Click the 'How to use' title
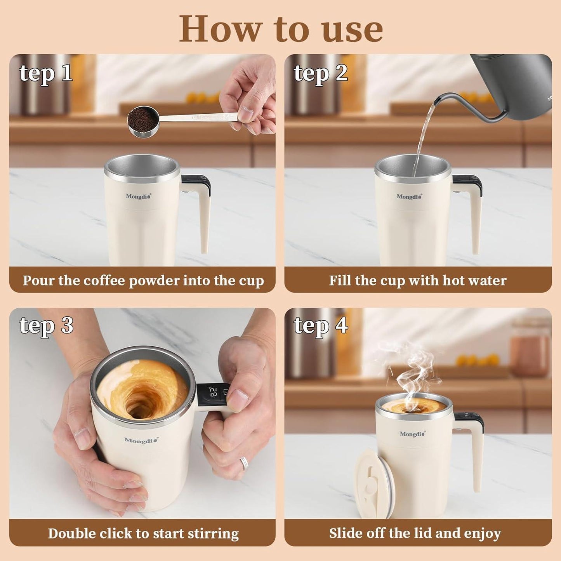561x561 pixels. tap(281, 29)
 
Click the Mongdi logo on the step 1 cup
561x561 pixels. tap(138, 196)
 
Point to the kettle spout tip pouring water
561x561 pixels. tap(437, 102)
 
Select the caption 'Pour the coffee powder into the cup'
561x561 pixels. tap(143, 280)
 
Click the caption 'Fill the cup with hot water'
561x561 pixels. tap(418, 280)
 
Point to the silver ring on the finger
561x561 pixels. tap(244, 462)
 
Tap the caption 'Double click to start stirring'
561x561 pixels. tap(143, 533)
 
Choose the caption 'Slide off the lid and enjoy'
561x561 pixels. tap(415, 533)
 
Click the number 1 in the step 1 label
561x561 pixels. tap(67, 73)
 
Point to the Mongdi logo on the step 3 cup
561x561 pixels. tap(141, 440)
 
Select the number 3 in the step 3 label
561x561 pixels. tap(67, 325)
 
